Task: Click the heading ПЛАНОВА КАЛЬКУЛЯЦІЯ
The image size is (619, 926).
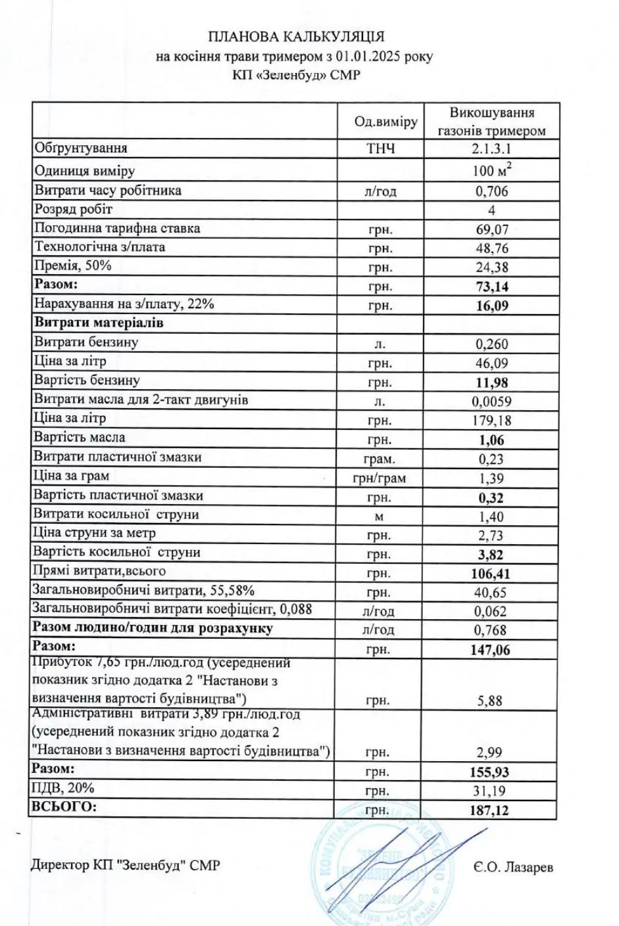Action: pos(296,37)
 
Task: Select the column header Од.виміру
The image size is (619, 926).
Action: pos(385,122)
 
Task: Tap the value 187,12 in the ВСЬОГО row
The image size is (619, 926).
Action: pos(490,810)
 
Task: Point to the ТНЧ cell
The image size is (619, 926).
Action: pos(381,149)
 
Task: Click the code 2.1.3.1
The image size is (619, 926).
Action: pos(491,149)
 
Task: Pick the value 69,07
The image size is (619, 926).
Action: pos(492,229)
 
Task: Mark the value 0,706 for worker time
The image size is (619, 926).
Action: pos(491,191)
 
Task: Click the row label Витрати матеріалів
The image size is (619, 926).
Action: pos(99,323)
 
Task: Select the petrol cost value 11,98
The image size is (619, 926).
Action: pos(492,382)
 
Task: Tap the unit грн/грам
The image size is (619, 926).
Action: pos(380,478)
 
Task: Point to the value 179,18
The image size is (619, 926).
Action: pos(492,421)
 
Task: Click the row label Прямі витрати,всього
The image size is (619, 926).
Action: pos(100,571)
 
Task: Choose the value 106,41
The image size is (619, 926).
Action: pos(491,574)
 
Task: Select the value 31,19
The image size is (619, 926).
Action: pos(491,791)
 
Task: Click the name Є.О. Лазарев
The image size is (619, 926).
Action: pos(512,868)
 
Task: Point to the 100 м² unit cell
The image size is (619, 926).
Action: pos(492,171)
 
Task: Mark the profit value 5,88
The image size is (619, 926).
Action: pos(490,701)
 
